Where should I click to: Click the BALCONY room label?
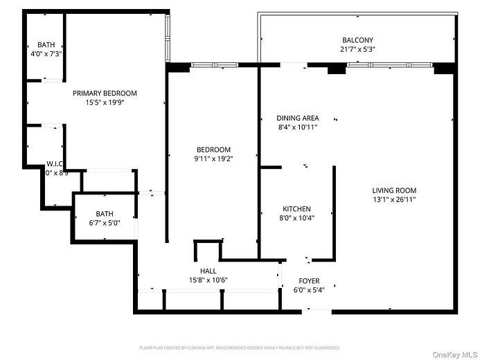(357, 40)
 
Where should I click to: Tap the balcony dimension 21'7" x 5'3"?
(357, 50)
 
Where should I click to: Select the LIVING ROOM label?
(394, 190)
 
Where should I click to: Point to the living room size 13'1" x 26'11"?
(394, 200)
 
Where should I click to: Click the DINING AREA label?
(297, 118)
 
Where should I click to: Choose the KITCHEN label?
(296, 208)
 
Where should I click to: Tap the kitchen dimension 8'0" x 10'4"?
(296, 218)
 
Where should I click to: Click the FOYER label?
(309, 280)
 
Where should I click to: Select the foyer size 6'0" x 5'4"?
(309, 289)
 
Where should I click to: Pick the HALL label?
(208, 271)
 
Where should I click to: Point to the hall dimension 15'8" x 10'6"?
(208, 280)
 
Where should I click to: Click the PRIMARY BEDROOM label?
(105, 93)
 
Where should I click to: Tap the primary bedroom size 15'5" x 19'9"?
(105, 103)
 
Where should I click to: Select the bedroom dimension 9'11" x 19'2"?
(213, 159)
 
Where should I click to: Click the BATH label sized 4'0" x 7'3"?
(46, 44)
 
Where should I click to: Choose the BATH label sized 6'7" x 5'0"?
(105, 214)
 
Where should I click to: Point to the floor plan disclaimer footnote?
(240, 348)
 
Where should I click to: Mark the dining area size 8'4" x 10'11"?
(297, 127)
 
